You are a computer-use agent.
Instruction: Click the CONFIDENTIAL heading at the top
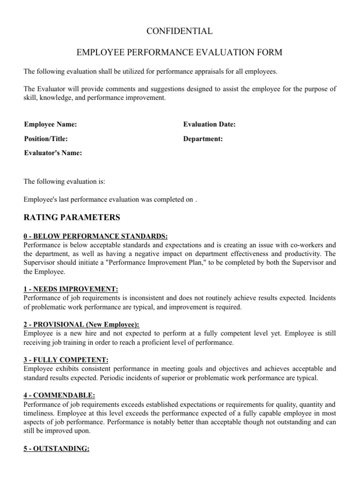pyautogui.click(x=180, y=31)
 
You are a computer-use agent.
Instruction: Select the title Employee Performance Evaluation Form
pyautogui.click(x=180, y=52)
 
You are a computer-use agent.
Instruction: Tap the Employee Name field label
pyautogui.click(x=51, y=124)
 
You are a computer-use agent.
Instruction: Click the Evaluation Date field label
pyautogui.click(x=209, y=124)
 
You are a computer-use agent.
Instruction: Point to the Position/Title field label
pyautogui.click(x=46, y=139)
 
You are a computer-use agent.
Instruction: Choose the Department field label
pyautogui.click(x=203, y=139)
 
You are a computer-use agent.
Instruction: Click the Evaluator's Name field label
pyautogui.click(x=53, y=153)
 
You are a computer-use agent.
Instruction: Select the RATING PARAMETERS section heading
pyautogui.click(x=72, y=217)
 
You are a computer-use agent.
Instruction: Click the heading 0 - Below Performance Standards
pyautogui.click(x=96, y=236)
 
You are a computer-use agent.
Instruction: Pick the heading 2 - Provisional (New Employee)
pyautogui.click(x=82, y=324)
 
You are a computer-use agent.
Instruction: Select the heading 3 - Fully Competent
pyautogui.click(x=66, y=360)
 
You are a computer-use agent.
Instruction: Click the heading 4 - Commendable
pyautogui.click(x=63, y=396)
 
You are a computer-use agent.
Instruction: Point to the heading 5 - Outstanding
pyautogui.click(x=56, y=449)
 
